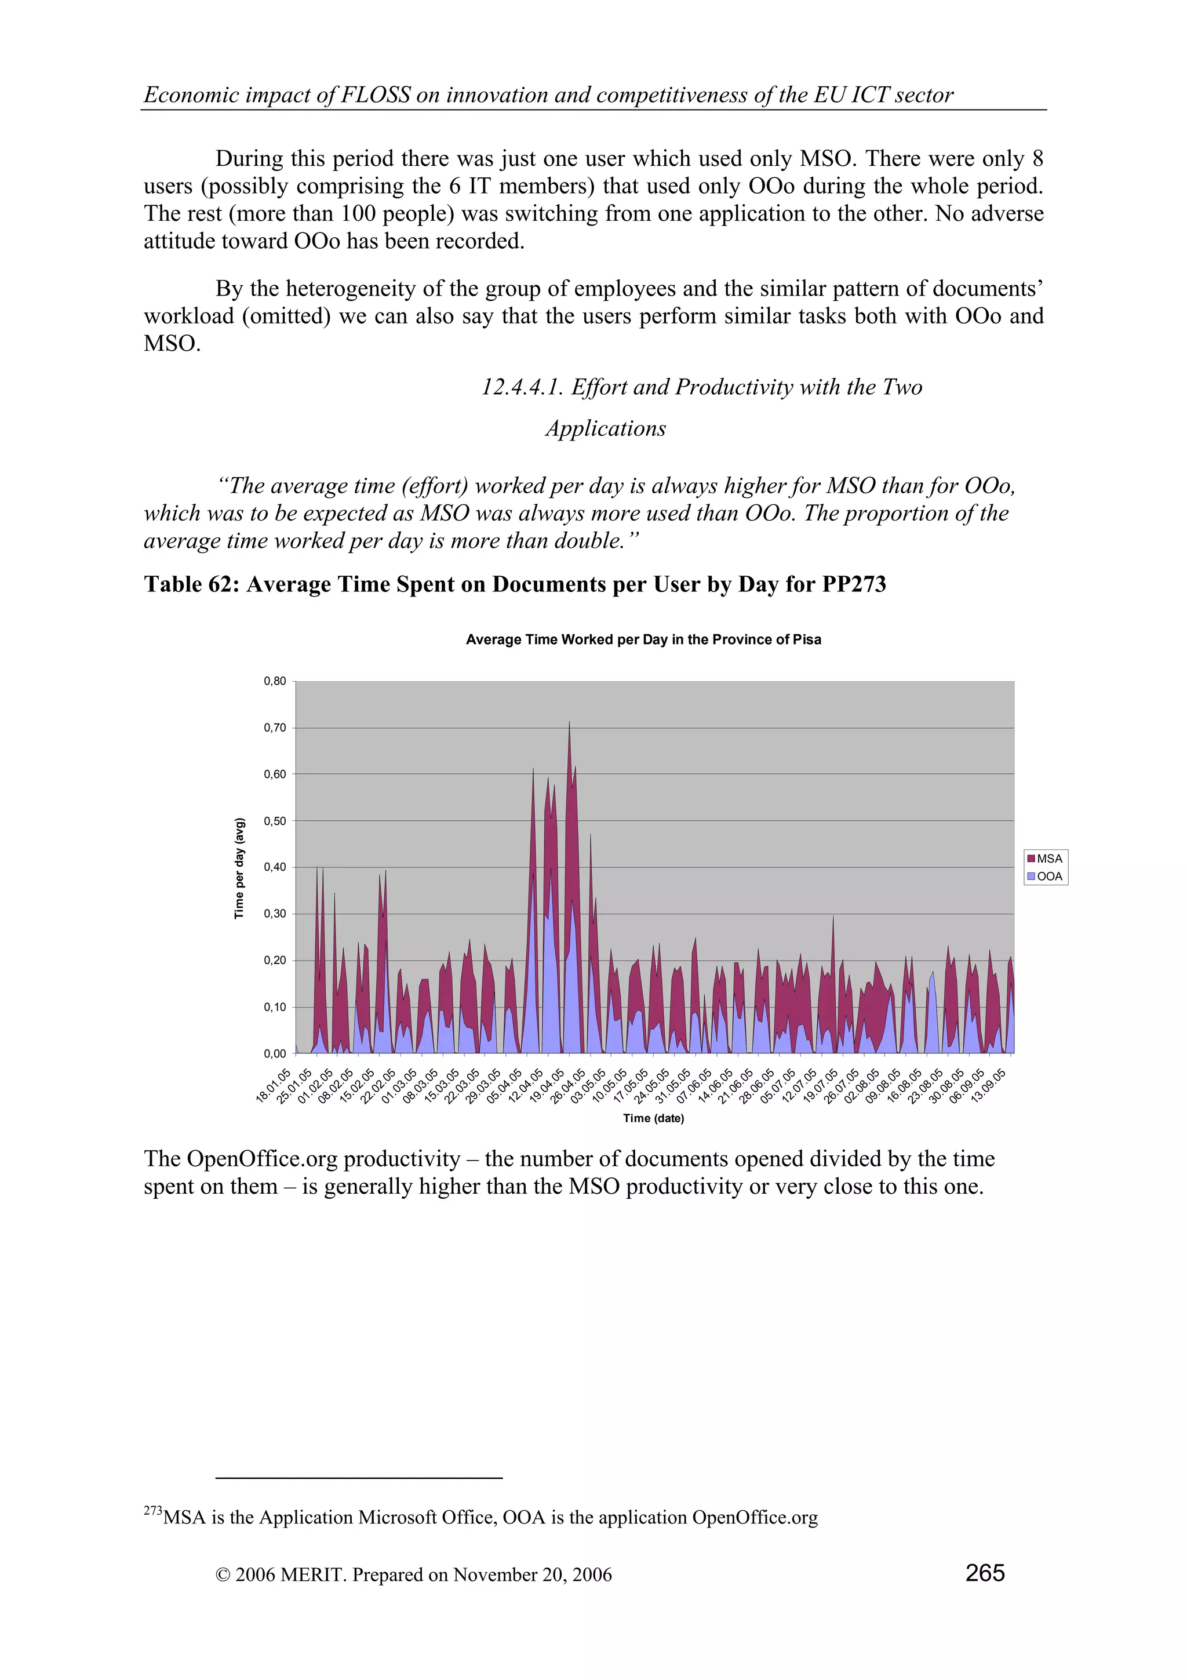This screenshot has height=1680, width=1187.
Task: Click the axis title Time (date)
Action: (653, 1118)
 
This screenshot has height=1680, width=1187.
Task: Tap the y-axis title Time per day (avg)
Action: (239, 868)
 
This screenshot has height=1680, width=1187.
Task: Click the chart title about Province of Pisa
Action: (643, 639)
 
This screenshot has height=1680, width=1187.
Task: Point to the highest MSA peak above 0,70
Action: (569, 723)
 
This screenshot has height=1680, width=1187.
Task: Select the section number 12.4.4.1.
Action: (522, 387)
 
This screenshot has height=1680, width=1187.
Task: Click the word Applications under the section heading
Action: (606, 429)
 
